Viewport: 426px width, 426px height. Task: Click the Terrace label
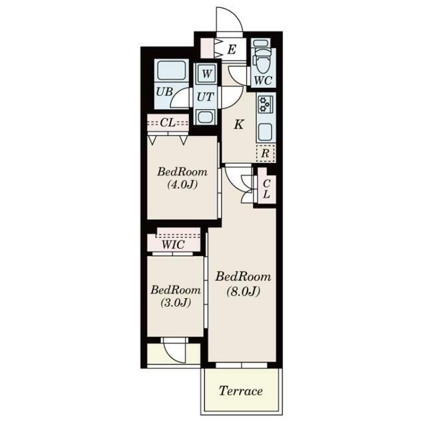241,391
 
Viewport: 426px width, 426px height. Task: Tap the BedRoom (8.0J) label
243,284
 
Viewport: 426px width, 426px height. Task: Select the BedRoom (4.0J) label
182,178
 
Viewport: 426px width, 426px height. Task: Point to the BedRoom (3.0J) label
176,296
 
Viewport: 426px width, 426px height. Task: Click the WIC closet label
173,245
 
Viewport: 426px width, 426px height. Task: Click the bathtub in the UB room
172,70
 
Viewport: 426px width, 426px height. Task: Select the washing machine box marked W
206,74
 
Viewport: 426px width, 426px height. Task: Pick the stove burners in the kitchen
264,105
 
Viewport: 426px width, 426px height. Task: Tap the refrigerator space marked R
266,154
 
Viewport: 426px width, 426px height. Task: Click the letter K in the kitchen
239,124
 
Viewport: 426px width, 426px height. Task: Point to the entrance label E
232,50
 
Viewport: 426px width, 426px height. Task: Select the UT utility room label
205,97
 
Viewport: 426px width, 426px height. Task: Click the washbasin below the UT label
206,117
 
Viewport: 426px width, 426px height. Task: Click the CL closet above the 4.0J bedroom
168,123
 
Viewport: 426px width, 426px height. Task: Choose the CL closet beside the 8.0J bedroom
266,189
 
